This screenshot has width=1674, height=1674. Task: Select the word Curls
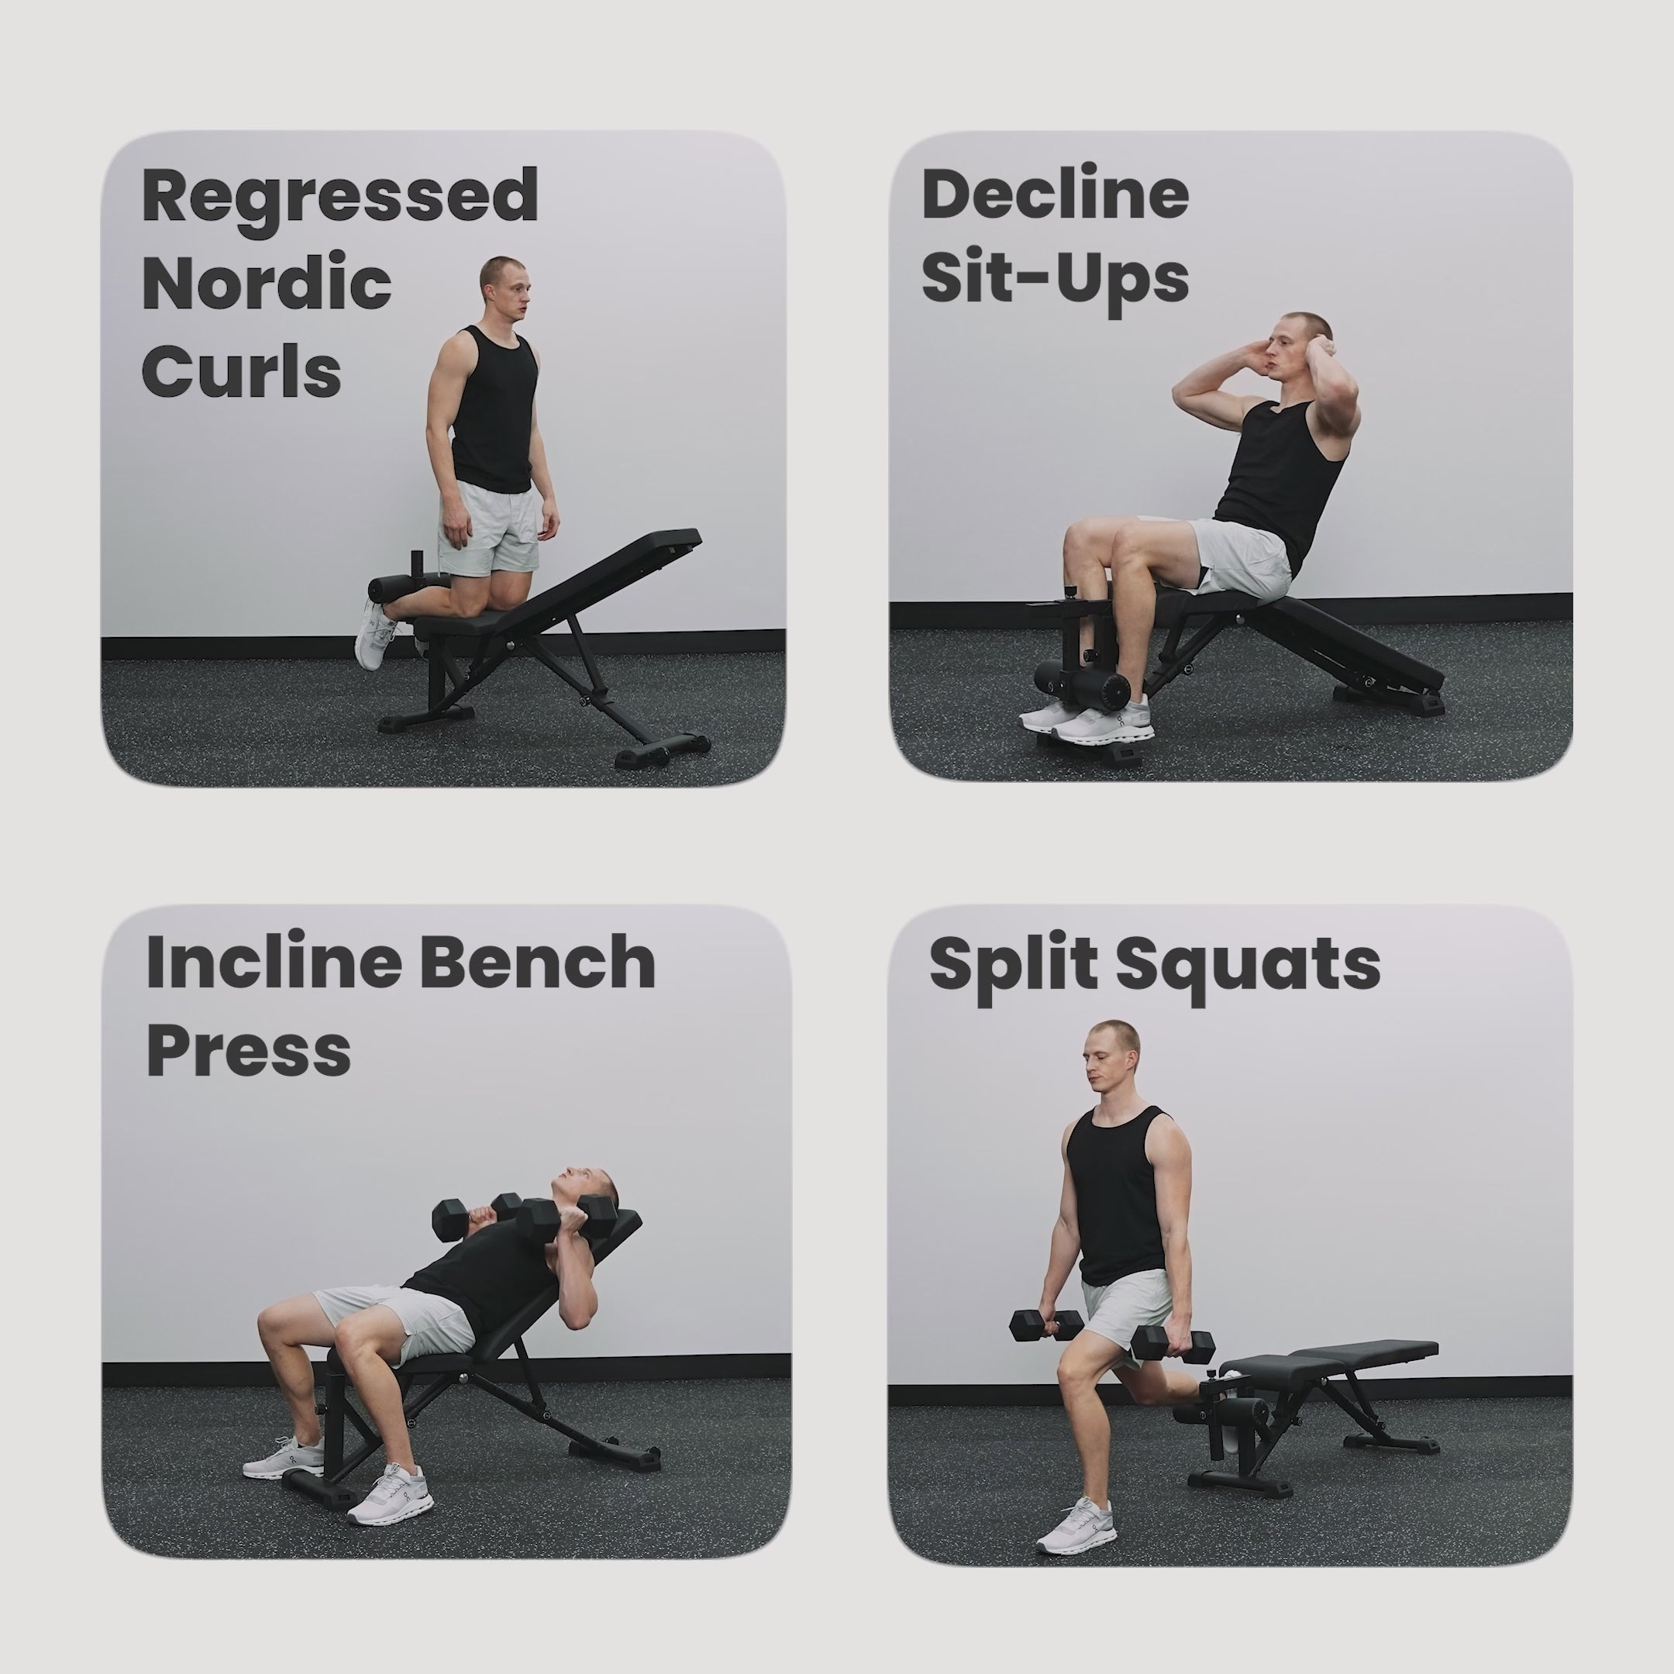click(x=241, y=371)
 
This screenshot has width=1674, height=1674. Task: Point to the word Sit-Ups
click(x=1055, y=279)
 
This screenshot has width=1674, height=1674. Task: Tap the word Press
click(x=249, y=1050)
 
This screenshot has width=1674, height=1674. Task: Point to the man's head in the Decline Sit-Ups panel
click(x=1297, y=346)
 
